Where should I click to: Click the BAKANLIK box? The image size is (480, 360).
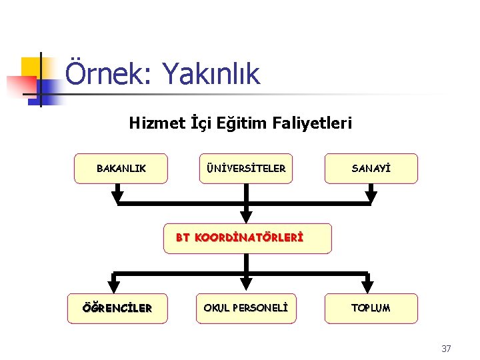pyautogui.click(x=121, y=169)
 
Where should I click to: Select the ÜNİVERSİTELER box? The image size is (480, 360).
pyautogui.click(x=247, y=169)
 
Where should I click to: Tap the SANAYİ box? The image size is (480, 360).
pyautogui.click(x=371, y=169)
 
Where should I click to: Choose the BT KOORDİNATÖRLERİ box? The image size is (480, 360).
pyautogui.click(x=247, y=238)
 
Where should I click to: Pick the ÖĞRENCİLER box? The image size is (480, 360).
pyautogui.click(x=117, y=308)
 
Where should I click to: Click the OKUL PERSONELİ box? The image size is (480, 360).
pyautogui.click(x=246, y=308)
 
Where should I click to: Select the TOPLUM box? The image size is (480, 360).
pyautogui.click(x=371, y=308)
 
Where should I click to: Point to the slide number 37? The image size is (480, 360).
pyautogui.click(x=446, y=348)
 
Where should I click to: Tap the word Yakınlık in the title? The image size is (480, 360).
pyautogui.click(x=211, y=75)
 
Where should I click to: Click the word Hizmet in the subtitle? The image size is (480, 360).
pyautogui.click(x=151, y=123)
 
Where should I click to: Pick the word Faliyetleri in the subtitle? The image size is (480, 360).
pyautogui.click(x=313, y=123)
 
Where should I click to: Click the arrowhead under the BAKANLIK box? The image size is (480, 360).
pyautogui.click(x=118, y=197)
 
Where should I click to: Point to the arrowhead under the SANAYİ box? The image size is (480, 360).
pyautogui.click(x=371, y=197)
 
